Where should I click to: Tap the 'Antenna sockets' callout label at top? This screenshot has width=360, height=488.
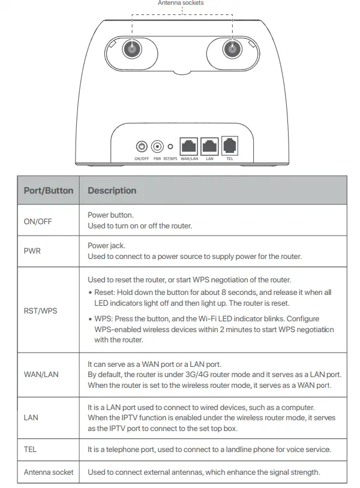tap(181, 3)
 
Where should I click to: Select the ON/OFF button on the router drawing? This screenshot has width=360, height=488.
tap(142, 146)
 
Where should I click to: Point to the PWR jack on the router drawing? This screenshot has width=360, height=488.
tap(158, 146)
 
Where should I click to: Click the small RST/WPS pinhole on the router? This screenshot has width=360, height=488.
tap(171, 146)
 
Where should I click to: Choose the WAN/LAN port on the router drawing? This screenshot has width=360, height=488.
tap(190, 146)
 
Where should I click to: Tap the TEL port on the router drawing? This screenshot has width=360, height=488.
tap(230, 146)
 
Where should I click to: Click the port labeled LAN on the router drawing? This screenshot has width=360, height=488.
tap(209, 146)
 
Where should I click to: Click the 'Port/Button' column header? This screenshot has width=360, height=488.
tap(48, 191)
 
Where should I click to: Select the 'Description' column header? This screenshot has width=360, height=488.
tap(112, 191)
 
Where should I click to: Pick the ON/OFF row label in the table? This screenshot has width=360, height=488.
tap(38, 221)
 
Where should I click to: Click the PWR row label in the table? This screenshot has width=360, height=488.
tap(32, 251)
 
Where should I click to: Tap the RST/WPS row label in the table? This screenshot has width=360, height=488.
tap(40, 311)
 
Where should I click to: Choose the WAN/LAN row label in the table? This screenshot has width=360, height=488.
tap(41, 374)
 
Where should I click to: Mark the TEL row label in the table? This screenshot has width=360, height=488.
tap(31, 449)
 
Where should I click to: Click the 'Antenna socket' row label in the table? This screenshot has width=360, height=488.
tap(49, 472)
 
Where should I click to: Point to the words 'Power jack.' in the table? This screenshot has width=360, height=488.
tap(106, 245)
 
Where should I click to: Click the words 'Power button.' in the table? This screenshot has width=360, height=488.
tap(110, 215)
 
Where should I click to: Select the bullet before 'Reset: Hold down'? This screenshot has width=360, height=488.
tap(90, 293)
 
